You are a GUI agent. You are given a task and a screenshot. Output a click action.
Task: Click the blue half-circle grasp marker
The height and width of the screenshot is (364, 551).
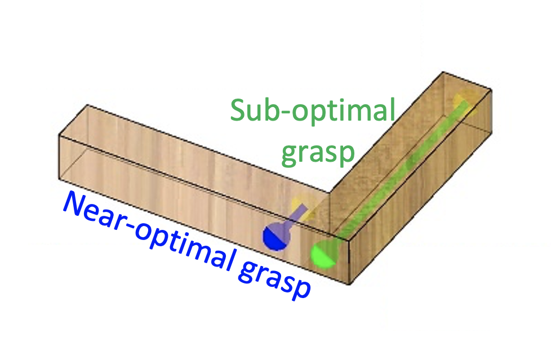coord(274,237)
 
